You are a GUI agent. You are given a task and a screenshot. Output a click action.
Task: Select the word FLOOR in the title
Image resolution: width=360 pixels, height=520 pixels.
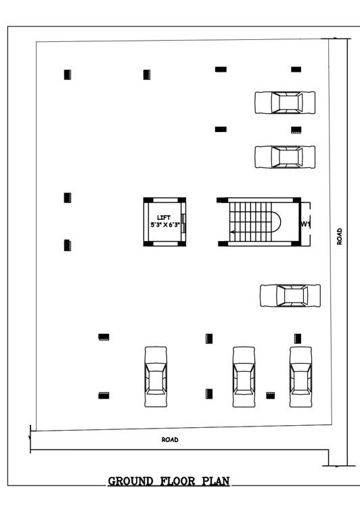[x=177, y=482]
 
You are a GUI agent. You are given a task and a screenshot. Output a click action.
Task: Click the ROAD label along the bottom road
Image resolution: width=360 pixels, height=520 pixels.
[x=170, y=439]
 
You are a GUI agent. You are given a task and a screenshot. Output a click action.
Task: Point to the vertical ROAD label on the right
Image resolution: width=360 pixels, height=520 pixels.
[x=340, y=236]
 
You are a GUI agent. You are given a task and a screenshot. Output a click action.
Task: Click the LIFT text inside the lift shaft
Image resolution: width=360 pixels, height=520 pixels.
[x=164, y=217]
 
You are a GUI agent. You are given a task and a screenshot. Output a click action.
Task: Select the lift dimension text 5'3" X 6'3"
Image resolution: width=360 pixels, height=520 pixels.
[x=164, y=224]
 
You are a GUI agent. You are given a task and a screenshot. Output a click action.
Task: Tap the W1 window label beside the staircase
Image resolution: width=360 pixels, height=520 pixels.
[x=305, y=223]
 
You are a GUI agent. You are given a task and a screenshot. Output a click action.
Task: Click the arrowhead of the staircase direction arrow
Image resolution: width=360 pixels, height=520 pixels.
[x=232, y=232]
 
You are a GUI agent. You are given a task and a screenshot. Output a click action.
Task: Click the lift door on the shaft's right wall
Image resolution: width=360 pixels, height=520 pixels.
[x=183, y=221]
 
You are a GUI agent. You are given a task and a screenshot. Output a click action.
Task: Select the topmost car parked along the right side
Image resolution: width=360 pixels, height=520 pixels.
[x=285, y=103]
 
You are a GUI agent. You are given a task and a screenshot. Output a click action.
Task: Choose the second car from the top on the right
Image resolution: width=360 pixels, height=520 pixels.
[x=285, y=156]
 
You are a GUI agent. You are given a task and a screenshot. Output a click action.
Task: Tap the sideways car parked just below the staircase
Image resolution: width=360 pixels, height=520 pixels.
[x=290, y=295]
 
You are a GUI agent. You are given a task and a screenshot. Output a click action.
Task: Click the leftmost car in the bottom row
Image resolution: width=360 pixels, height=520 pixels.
[x=156, y=376]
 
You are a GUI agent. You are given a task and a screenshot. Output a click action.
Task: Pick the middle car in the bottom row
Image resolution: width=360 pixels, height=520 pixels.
[x=244, y=377]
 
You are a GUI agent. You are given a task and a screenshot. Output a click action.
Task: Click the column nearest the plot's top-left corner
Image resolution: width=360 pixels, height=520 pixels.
[x=67, y=74]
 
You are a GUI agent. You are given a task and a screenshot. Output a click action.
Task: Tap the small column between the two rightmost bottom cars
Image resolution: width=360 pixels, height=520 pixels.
[x=270, y=395]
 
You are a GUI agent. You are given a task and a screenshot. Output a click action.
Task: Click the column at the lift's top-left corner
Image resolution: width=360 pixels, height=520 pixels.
[x=147, y=199]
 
